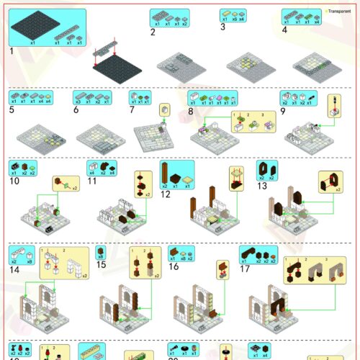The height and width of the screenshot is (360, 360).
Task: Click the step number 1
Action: click(12, 51)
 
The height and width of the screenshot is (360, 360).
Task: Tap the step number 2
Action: click(153, 32)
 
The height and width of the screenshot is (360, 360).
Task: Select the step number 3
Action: click(222, 27)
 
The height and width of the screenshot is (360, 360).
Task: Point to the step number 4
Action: click(284, 30)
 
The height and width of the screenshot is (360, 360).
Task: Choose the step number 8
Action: click(191, 111)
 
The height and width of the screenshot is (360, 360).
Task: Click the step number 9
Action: click(283, 111)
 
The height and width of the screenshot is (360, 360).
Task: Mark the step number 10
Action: click(13, 181)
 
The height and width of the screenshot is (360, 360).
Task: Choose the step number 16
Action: click(173, 266)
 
